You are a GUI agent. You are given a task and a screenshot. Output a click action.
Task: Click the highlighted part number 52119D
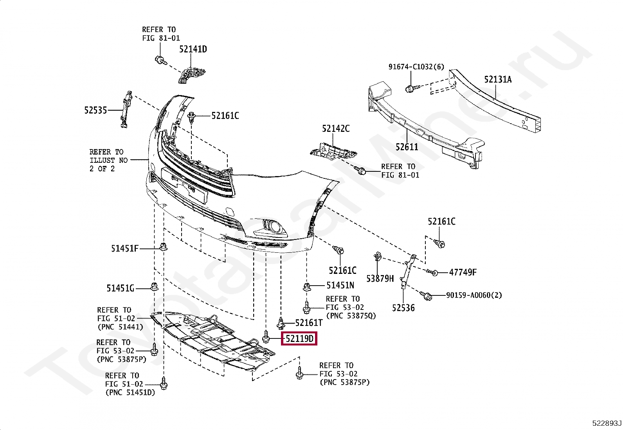point(299,338)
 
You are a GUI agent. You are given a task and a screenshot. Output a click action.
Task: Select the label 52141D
point(193,49)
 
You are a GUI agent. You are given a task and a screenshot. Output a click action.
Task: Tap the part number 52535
point(95,110)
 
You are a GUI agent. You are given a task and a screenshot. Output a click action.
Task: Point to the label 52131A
point(498,80)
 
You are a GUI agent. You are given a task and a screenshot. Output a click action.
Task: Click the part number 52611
point(407,147)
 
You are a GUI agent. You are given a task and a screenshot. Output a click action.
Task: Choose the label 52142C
point(336,129)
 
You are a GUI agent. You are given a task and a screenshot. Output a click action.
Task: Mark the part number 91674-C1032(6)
point(416,67)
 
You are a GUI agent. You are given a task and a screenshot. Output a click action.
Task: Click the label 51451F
point(124,248)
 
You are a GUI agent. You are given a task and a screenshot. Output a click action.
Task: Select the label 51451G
point(120,288)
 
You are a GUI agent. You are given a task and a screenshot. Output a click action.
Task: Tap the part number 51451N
point(340,286)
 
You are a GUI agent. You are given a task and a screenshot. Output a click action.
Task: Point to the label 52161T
point(309,323)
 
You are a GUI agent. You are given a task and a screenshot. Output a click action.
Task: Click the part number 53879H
point(380,279)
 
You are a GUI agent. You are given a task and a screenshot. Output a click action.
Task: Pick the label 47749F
point(463,272)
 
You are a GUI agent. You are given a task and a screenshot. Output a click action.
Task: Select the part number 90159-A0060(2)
point(474,295)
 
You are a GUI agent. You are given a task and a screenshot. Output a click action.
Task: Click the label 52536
point(403,308)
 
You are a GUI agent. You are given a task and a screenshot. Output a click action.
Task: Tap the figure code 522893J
point(606,423)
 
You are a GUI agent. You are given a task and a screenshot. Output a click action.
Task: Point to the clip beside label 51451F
point(164,247)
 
